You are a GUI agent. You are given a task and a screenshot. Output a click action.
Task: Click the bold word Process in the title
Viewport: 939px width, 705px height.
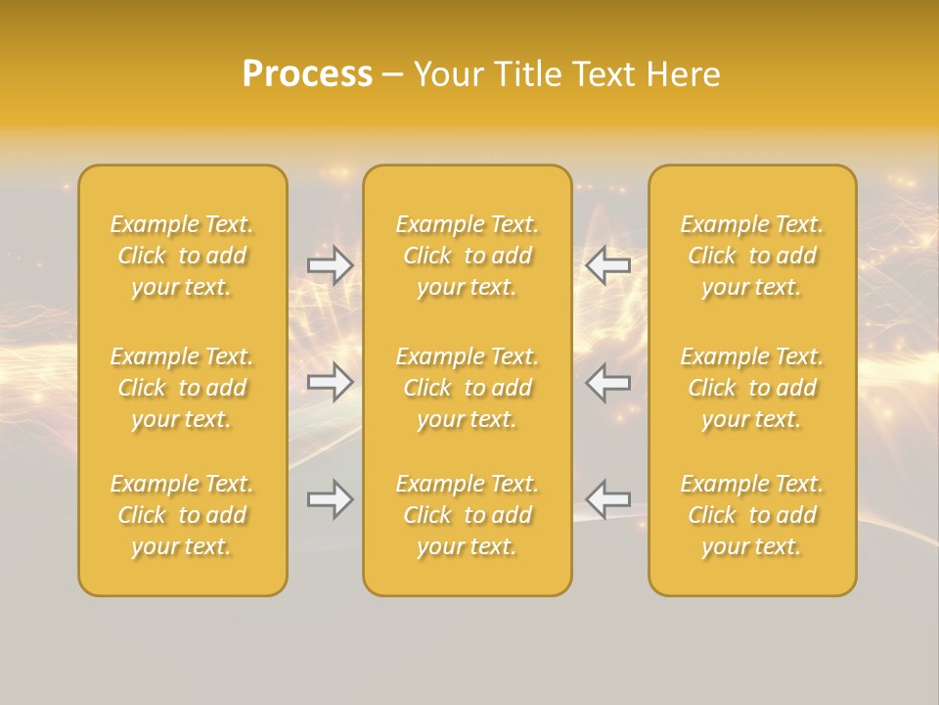click(307, 74)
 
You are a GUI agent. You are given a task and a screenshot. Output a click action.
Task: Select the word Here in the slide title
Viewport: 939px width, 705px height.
click(683, 74)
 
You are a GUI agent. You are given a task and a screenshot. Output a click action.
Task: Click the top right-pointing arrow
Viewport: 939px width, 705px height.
click(331, 265)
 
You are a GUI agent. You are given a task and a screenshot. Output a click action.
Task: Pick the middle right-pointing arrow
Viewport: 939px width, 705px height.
click(331, 382)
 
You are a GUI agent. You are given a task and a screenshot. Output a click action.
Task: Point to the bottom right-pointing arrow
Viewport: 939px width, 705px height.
click(331, 499)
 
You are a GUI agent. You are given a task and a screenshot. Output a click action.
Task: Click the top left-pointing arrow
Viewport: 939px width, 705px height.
click(607, 265)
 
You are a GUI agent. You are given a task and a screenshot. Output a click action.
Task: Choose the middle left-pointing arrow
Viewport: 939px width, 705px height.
click(607, 382)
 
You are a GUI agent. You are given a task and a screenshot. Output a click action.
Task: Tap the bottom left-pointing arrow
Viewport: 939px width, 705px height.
click(607, 499)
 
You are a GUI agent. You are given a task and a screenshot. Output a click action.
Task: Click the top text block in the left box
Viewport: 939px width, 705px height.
click(182, 256)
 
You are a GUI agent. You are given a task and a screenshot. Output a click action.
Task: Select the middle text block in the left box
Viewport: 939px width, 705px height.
click(182, 388)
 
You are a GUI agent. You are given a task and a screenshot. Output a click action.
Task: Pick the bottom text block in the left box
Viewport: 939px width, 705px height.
click(182, 515)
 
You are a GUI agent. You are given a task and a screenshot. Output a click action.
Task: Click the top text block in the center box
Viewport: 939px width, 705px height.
click(468, 256)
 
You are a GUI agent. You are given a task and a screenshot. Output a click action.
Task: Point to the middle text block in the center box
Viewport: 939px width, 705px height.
click(468, 388)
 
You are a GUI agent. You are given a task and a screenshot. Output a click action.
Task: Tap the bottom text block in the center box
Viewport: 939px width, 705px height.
click(468, 515)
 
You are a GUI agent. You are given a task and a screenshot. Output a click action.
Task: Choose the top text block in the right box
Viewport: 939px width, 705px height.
click(752, 256)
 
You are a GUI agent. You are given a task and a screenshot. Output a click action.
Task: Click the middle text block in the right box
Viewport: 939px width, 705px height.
click(752, 388)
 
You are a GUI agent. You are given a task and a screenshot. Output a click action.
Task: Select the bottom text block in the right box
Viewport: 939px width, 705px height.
click(752, 515)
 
